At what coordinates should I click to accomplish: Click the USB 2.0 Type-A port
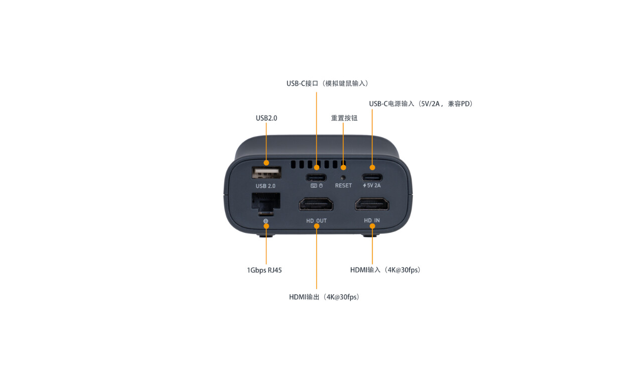point(267,173)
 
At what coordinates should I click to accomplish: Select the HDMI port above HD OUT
point(316,204)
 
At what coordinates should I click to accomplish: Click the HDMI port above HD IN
point(372,204)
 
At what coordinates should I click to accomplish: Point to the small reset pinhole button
point(343,178)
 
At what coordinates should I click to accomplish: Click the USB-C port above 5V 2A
point(372,178)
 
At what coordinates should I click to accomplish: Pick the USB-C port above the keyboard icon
point(316,178)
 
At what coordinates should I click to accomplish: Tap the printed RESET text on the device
point(343,185)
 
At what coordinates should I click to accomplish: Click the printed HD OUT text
point(316,221)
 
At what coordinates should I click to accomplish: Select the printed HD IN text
point(371,220)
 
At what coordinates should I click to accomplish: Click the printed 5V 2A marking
point(371,185)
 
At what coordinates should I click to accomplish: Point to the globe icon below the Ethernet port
point(266,221)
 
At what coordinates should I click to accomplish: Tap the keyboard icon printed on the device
point(314,186)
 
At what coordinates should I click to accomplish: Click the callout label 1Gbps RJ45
point(265,270)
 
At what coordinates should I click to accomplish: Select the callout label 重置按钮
point(344,118)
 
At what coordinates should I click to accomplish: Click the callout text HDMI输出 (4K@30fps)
point(324,297)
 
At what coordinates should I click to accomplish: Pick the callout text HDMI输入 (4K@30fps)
point(386,270)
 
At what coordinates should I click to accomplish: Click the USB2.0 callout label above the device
point(267,118)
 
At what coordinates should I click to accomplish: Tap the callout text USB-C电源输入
point(392,104)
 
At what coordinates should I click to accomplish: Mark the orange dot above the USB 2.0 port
point(267,163)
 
